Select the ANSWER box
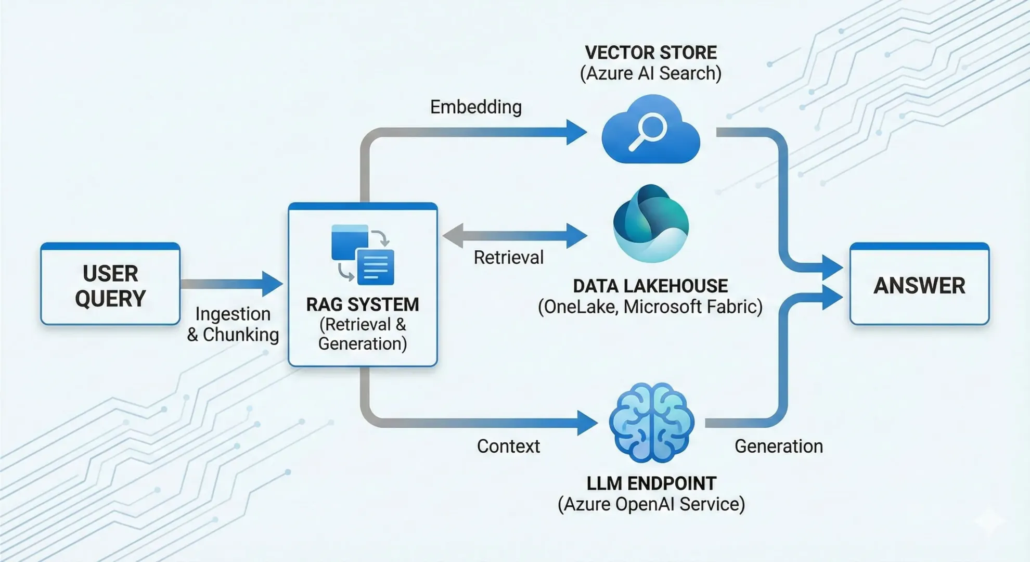click(x=919, y=285)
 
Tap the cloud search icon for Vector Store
click(x=650, y=130)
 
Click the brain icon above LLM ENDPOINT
click(x=651, y=423)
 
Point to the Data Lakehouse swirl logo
click(x=651, y=223)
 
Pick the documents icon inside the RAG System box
click(x=363, y=254)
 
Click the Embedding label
click(x=475, y=107)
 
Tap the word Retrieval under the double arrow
click(x=508, y=258)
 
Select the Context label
click(x=508, y=446)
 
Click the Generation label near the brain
click(x=778, y=446)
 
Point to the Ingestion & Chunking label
click(x=233, y=324)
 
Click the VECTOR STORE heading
click(x=651, y=53)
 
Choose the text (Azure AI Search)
click(x=651, y=73)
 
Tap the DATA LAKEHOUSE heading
click(x=650, y=286)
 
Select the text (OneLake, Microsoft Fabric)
click(x=650, y=307)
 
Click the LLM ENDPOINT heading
click(x=651, y=483)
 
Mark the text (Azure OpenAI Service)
click(x=651, y=504)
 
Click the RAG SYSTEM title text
click(x=363, y=304)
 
